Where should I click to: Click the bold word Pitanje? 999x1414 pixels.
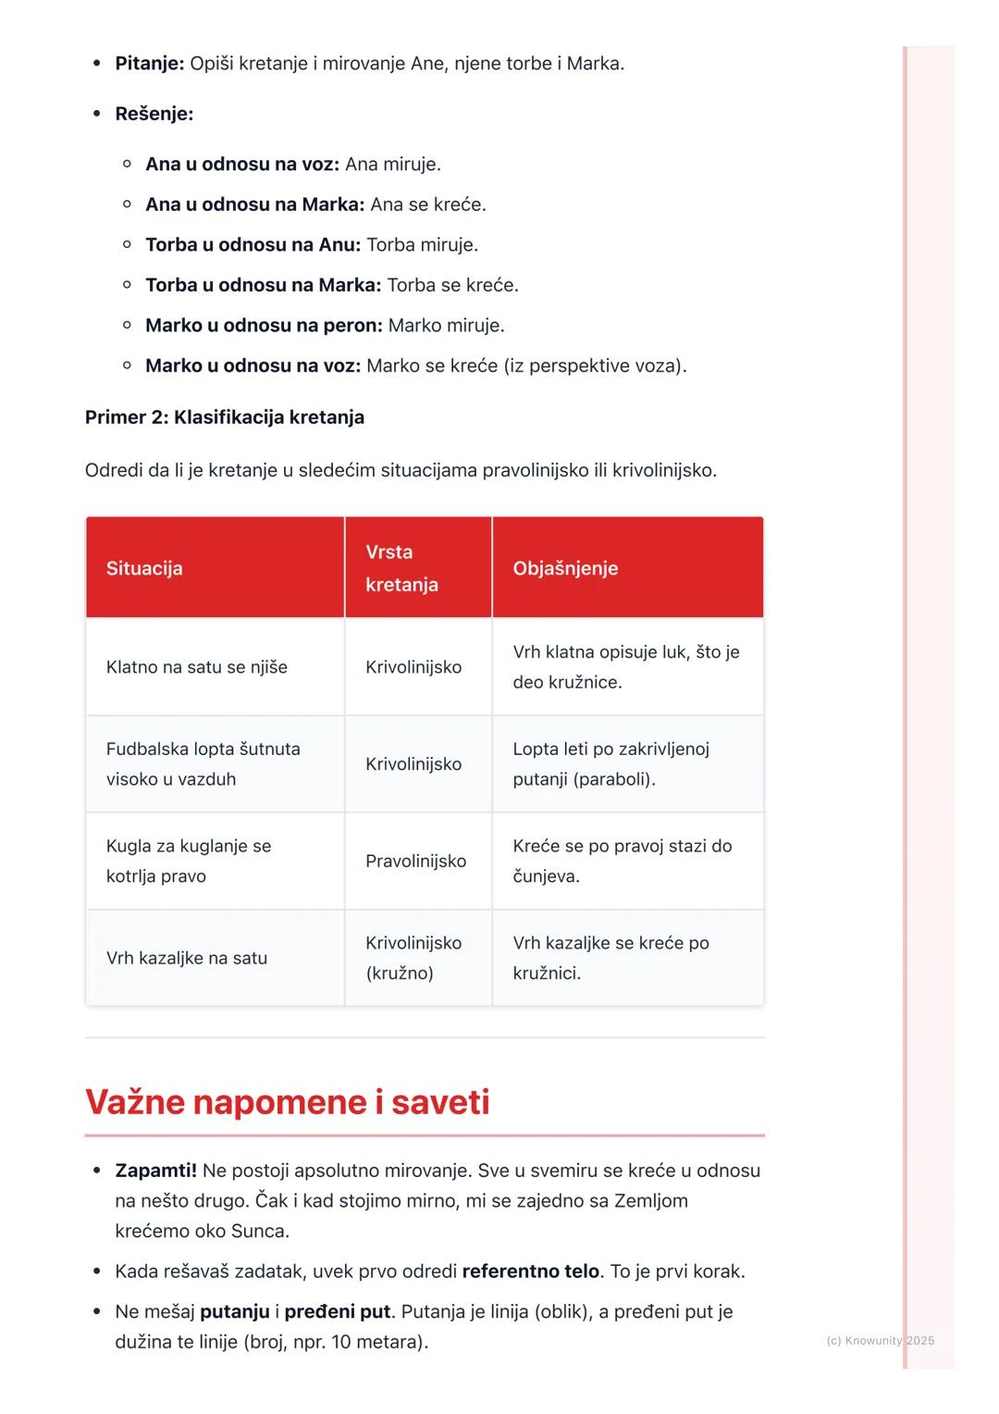[149, 64]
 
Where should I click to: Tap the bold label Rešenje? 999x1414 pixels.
[154, 114]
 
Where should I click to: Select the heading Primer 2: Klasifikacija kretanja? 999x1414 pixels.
[224, 417]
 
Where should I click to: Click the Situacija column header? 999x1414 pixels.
[144, 568]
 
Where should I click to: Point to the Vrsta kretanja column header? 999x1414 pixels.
[401, 568]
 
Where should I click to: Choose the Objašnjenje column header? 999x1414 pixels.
[565, 568]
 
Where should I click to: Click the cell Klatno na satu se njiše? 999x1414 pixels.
[196, 667]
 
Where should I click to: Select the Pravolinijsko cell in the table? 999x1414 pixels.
[415, 862]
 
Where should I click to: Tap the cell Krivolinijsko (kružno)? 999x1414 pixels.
[413, 958]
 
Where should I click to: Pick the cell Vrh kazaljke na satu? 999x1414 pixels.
[186, 959]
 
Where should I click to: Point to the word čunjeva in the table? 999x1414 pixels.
[545, 876]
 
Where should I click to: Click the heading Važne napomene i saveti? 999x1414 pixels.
[287, 1102]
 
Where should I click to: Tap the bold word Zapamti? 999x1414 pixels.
[155, 1171]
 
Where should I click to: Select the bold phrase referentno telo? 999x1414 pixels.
[531, 1271]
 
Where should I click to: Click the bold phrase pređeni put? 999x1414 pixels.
[338, 1312]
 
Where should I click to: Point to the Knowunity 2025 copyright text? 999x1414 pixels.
[880, 1340]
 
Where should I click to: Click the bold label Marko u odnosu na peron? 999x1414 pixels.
[264, 326]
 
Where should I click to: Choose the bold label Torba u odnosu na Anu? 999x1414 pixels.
[253, 245]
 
